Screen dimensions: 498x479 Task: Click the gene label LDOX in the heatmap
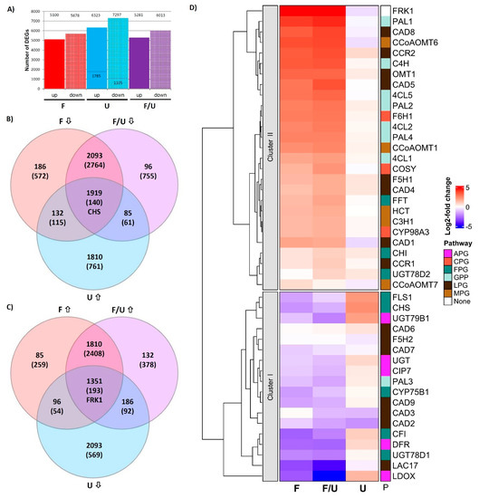tap(404, 475)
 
